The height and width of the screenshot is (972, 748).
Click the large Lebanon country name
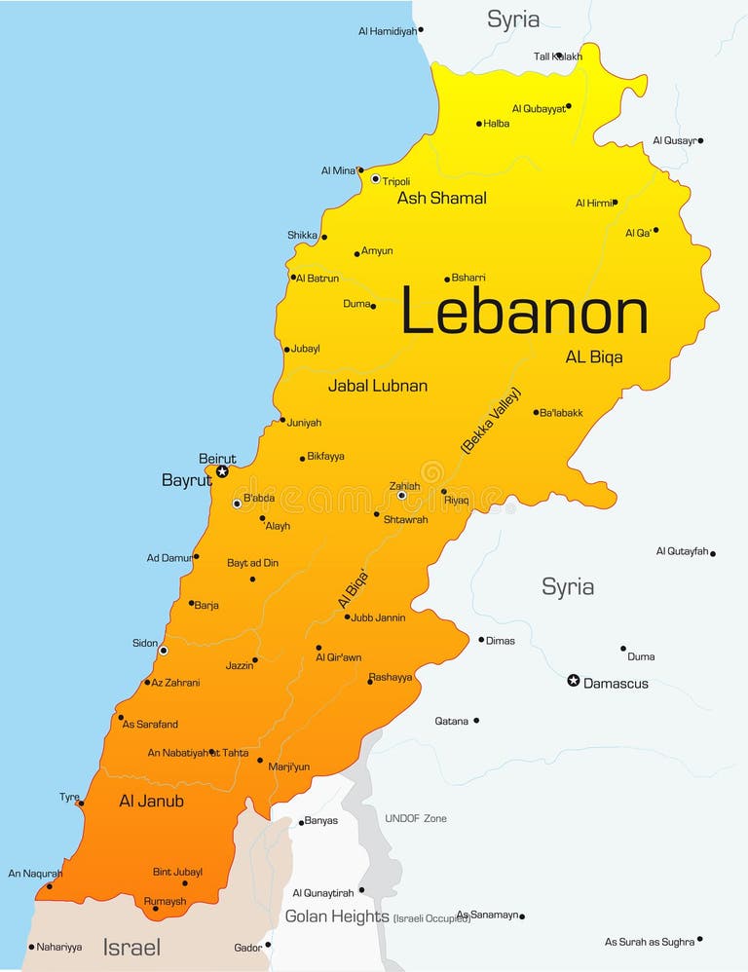[524, 315]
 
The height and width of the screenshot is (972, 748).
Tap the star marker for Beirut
[222, 471]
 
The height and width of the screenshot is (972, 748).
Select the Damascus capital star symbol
[574, 681]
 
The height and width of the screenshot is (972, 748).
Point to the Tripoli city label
[396, 182]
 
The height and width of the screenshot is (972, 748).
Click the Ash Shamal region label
[441, 199]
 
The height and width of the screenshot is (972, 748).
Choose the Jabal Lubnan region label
[377, 386]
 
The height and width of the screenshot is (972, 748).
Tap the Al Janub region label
[151, 802]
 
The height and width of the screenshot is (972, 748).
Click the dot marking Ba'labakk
[536, 412]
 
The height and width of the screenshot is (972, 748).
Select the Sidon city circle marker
[163, 651]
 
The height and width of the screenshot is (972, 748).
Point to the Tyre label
[69, 798]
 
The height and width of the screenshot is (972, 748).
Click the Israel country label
[131, 947]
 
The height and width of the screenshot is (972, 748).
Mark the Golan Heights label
[337, 916]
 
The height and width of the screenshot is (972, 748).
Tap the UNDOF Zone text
[416, 819]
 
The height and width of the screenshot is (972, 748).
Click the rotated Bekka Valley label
[491, 420]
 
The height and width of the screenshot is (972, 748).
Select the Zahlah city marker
[401, 496]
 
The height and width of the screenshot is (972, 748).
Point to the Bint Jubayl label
[177, 872]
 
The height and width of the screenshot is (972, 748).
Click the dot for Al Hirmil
[615, 203]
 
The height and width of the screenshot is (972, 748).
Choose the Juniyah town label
[304, 423]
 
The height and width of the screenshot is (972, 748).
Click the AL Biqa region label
[594, 357]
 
